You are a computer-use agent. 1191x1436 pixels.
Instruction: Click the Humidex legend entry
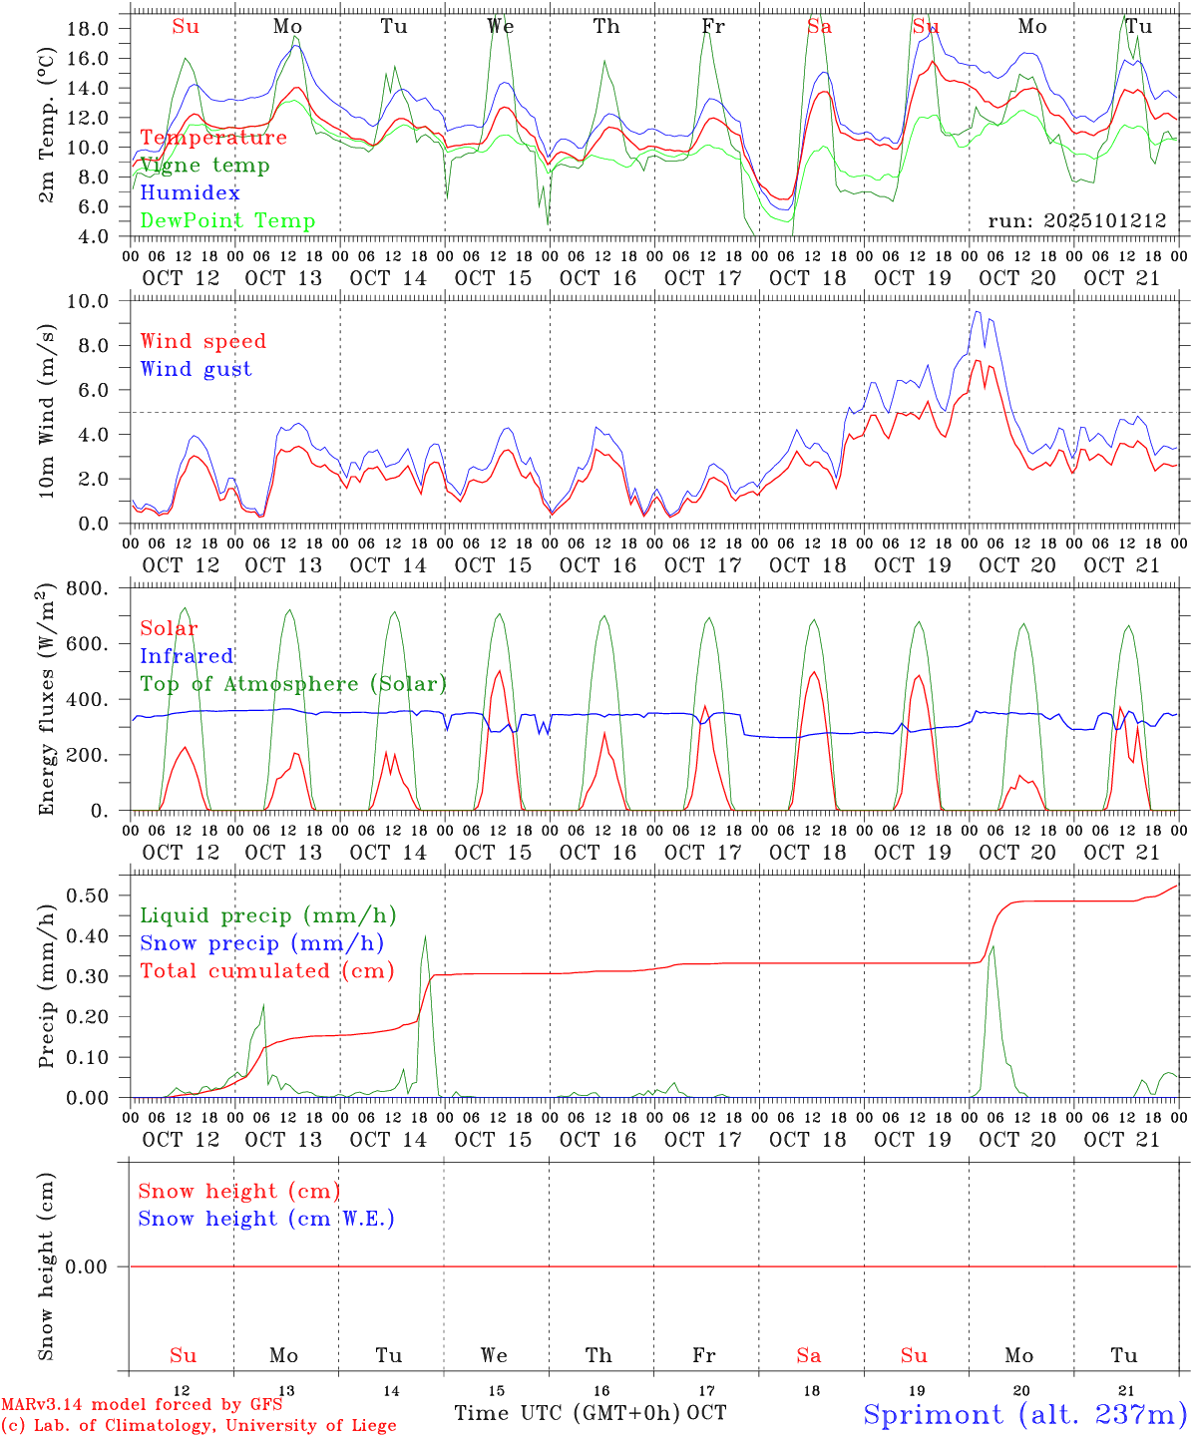pyautogui.click(x=190, y=193)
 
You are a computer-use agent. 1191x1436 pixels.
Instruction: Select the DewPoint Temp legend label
pyautogui.click(x=227, y=221)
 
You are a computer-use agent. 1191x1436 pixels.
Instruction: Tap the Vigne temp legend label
pyautogui.click(x=204, y=166)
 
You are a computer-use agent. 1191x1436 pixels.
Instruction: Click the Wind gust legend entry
pyautogui.click(x=196, y=369)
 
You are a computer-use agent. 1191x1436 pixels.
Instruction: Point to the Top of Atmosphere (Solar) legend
pyautogui.click(x=292, y=684)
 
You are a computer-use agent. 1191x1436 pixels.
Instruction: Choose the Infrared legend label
pyautogui.click(x=187, y=656)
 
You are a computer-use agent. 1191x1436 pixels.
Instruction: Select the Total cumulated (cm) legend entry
pyautogui.click(x=266, y=971)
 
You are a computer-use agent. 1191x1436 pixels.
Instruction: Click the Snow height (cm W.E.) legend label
pyautogui.click(x=266, y=1219)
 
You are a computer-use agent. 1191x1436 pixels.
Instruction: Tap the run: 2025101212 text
pyautogui.click(x=1077, y=221)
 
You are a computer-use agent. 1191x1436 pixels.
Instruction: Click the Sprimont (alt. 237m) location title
pyautogui.click(x=1024, y=1414)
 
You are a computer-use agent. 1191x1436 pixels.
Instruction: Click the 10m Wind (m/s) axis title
pyautogui.click(x=46, y=411)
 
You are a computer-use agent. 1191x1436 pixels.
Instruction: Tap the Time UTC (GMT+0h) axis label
pyautogui.click(x=567, y=1413)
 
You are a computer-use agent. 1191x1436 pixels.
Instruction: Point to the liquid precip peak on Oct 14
pyautogui.click(x=425, y=936)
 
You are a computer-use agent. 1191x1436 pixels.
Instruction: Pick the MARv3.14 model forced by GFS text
pyautogui.click(x=142, y=1405)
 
